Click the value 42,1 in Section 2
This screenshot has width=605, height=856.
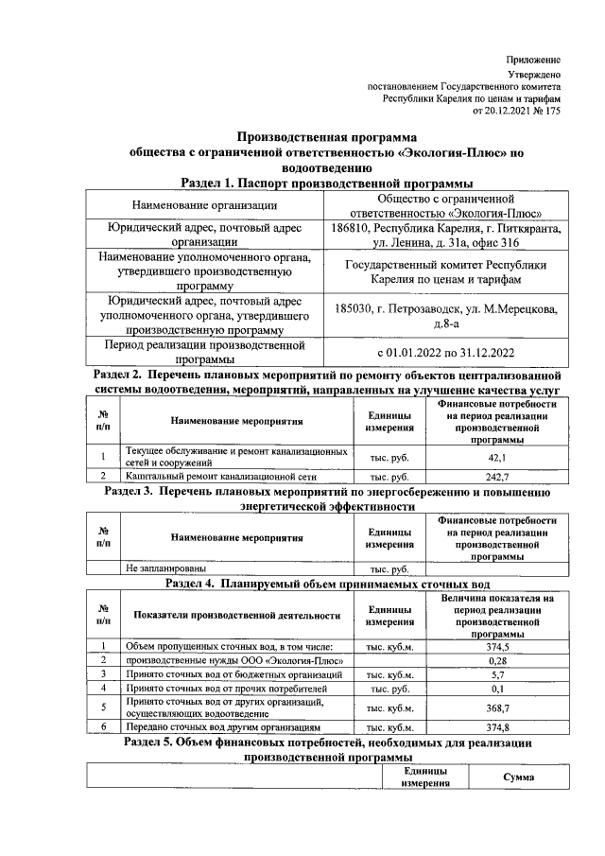(496, 458)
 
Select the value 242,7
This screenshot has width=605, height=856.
(496, 477)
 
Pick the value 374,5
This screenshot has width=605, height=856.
(497, 645)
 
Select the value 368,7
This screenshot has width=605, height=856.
(497, 708)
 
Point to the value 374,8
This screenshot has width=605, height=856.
(497, 727)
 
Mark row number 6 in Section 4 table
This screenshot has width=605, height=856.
(102, 727)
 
